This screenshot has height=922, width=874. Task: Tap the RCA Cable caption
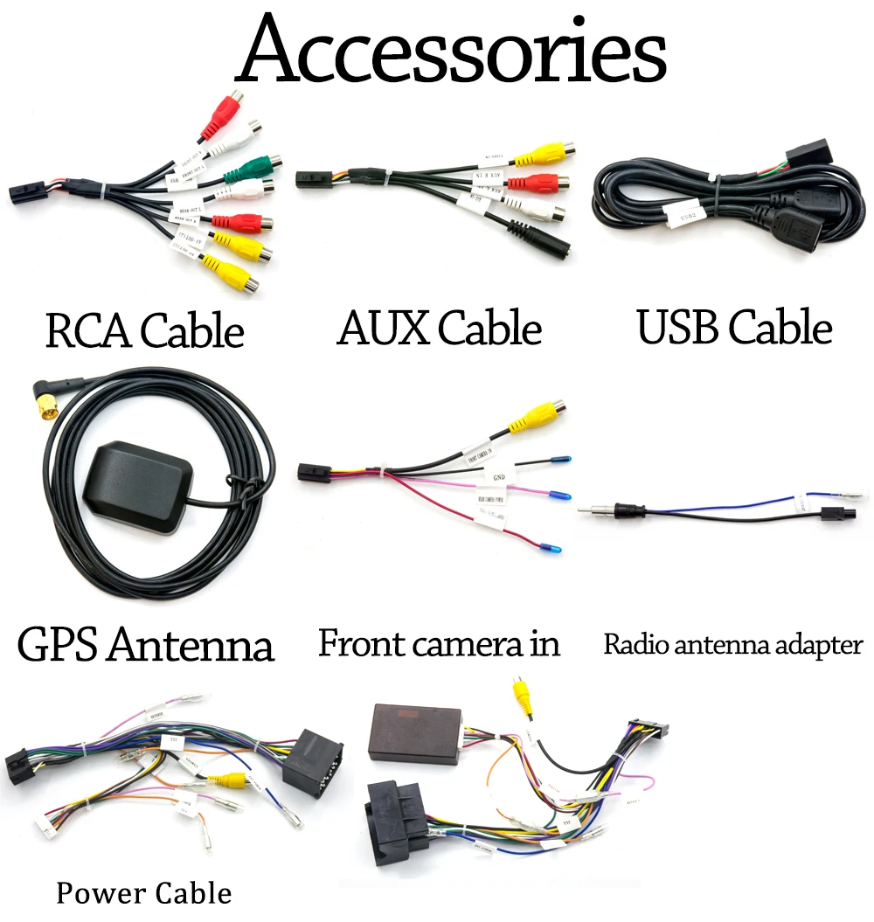click(x=144, y=331)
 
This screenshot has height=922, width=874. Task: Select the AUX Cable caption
click(x=440, y=329)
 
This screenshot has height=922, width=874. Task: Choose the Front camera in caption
click(x=439, y=644)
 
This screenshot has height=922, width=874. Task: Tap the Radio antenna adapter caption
click(x=732, y=646)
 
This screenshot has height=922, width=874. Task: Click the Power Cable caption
click(x=144, y=893)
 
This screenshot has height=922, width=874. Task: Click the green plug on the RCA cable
click(x=253, y=165)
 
